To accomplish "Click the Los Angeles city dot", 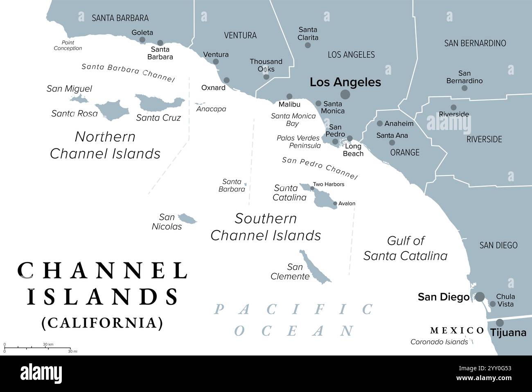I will click(x=345, y=95).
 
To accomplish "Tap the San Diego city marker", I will click(x=480, y=296).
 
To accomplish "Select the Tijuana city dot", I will click(x=500, y=323).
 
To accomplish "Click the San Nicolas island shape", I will click(x=188, y=219).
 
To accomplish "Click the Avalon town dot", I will click(x=335, y=203).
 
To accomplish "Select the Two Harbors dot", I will click(x=312, y=189).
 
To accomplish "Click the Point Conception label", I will click(x=68, y=45).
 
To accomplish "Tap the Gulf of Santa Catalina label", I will click(x=405, y=248).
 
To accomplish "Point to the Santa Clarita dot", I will click(x=308, y=45).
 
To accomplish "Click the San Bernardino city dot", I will click(x=464, y=88).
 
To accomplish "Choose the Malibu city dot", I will click(x=289, y=96).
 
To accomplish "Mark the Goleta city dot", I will click(x=142, y=40).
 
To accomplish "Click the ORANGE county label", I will click(x=405, y=153).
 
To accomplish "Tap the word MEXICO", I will click(x=457, y=330).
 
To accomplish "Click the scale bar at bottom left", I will click(x=41, y=348).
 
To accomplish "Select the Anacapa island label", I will click(x=211, y=109).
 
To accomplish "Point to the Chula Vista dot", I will click(x=493, y=304).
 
